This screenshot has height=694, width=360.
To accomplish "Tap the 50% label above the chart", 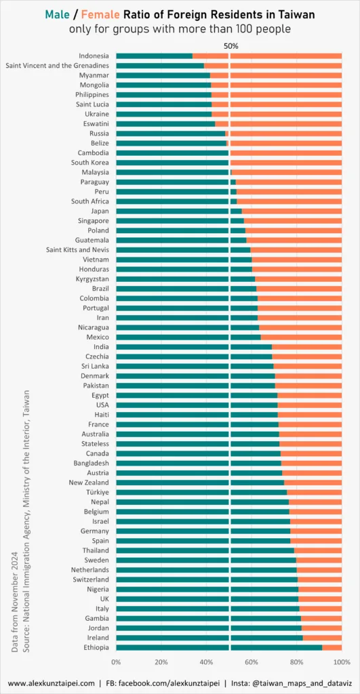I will (x=231, y=45).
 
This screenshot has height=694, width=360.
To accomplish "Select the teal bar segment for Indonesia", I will (x=154, y=56).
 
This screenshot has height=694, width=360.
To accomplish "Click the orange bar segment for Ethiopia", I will (x=332, y=648).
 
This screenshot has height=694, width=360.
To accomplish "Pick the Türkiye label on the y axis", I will (x=94, y=492).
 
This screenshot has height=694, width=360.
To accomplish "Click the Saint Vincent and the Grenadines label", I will (x=57, y=66).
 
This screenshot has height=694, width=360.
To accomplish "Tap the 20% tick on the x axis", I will (x=161, y=661).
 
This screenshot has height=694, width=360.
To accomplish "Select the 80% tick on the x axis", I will (x=296, y=661).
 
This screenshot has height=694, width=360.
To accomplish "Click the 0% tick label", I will (x=116, y=661).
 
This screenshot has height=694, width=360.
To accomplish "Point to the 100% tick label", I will (x=341, y=661).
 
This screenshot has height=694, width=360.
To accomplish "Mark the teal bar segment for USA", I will (x=197, y=405).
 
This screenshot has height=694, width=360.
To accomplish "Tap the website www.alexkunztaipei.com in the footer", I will (x=52, y=683).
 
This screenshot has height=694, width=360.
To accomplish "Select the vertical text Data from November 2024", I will (x=15, y=601).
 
